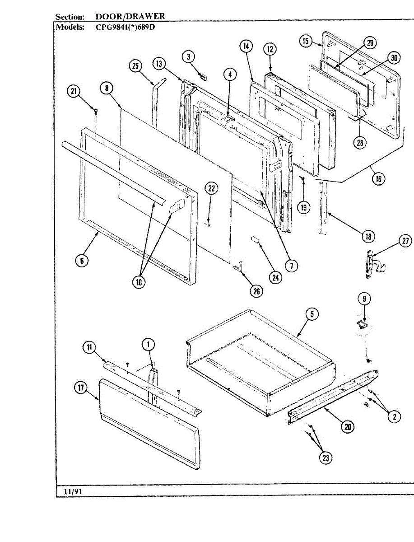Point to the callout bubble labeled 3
click(x=189, y=56)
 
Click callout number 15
click(x=306, y=41)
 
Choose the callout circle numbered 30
click(x=394, y=58)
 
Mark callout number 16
click(x=378, y=179)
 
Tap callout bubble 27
click(x=406, y=242)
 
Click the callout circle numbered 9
click(x=364, y=299)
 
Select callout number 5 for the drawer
click(x=312, y=314)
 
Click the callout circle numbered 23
click(x=326, y=458)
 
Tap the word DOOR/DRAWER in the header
click(x=130, y=17)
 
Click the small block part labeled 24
click(x=256, y=239)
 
